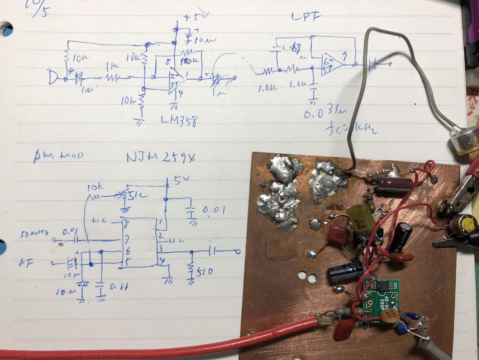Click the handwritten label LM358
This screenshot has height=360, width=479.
[x=179, y=121]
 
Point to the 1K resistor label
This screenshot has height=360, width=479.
[x=112, y=66]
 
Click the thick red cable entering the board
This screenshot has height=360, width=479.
[x=187, y=342]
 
